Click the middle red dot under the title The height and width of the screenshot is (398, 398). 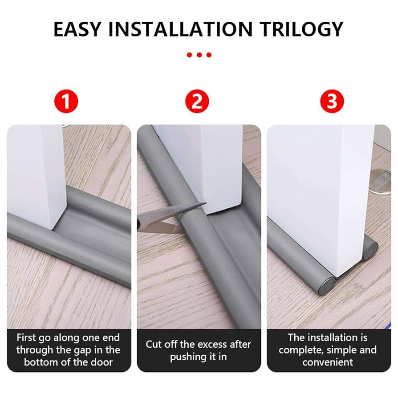pyautogui.click(x=199, y=55)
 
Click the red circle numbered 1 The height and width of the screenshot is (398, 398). pyautogui.click(x=66, y=102)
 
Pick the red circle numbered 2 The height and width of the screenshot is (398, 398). pyautogui.click(x=197, y=102)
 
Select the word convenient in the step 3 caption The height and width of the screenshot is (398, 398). pyautogui.click(x=328, y=362)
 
